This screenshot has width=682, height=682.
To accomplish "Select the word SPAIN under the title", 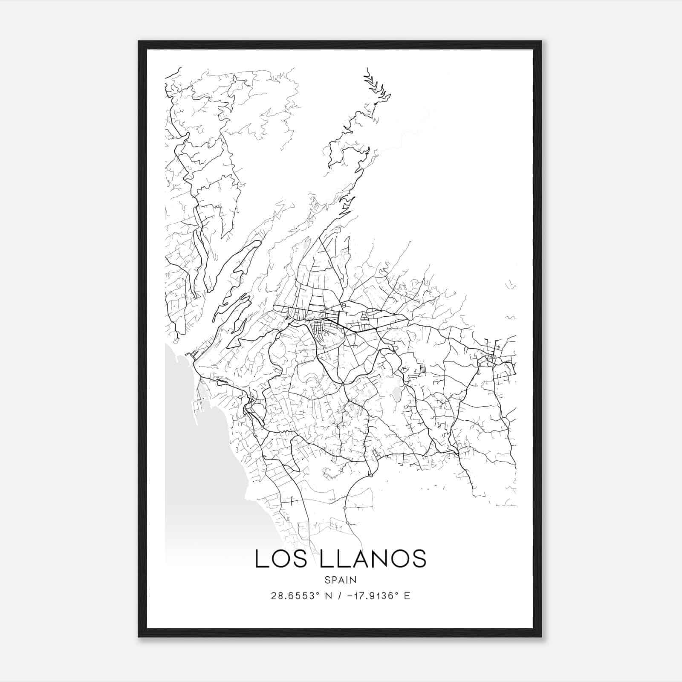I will point(341,580).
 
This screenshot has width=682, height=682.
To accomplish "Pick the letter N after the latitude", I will point(329,596).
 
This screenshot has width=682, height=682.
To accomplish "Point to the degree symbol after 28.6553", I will point(318,593).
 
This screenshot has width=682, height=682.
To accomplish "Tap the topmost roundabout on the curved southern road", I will point(371,475).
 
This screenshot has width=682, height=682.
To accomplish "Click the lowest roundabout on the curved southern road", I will point(348,523).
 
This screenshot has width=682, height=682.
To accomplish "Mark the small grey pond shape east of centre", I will point(396,393).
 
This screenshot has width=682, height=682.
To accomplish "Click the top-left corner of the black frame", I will point(139,42).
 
